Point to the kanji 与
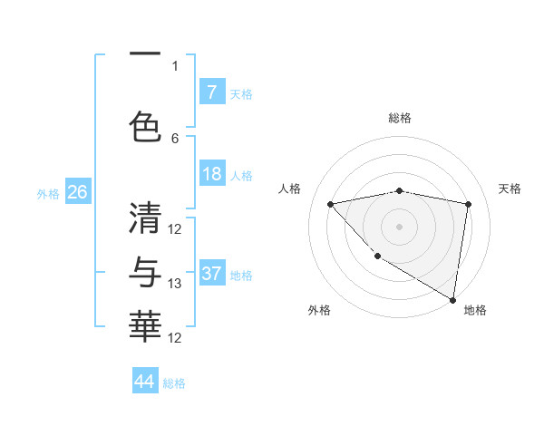point(144,272)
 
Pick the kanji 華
point(144,326)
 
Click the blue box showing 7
point(211,92)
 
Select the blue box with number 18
point(211,174)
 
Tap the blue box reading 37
point(211,274)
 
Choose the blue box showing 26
point(77,192)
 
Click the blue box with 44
point(144,382)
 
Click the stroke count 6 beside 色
point(175,138)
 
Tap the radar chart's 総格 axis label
point(399,118)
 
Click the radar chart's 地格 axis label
point(475,310)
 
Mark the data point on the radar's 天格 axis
point(468,205)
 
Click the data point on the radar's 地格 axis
point(452,299)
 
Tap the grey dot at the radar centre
point(399,226)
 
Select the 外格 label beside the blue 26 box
point(48,193)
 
